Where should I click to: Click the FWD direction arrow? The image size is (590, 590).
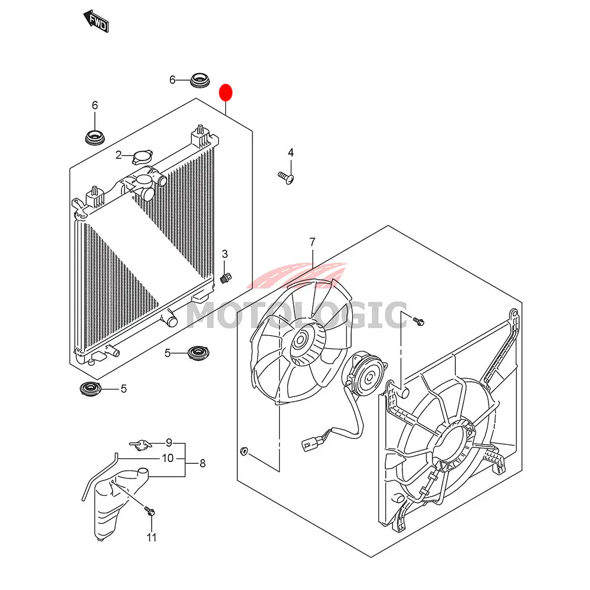tap(96, 21)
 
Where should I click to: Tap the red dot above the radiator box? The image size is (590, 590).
tap(226, 93)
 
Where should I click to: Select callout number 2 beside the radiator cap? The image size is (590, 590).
tap(119, 155)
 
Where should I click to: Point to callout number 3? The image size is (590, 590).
tap(225, 254)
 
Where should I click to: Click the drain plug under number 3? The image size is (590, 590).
tap(225, 279)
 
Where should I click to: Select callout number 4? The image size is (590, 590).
tap(290, 152)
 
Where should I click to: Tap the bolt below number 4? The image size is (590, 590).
tap(286, 177)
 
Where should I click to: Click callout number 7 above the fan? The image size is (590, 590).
tap(312, 242)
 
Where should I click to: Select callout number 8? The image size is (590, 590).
tap(202, 463)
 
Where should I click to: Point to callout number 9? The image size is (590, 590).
tap(169, 442)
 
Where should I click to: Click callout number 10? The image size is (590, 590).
tap(168, 458)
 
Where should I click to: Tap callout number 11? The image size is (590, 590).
tap(151, 537)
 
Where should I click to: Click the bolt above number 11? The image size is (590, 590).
tap(150, 511)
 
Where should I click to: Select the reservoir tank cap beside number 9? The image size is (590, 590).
tap(141, 445)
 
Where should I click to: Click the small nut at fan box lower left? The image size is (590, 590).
tap(244, 450)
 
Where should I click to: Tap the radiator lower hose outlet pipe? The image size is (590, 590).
tap(169, 319)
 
